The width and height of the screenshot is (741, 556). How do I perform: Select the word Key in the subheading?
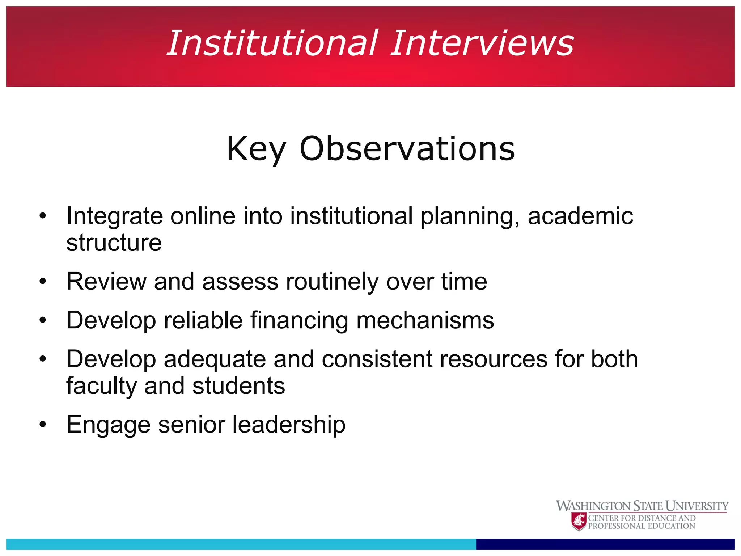pyautogui.click(x=256, y=149)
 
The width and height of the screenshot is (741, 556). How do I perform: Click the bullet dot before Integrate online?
pyautogui.click(x=43, y=216)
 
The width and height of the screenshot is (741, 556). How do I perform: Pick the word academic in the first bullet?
pyautogui.click(x=580, y=216)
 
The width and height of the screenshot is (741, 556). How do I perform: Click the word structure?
pyautogui.click(x=114, y=243)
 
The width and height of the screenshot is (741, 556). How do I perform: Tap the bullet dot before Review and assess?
pyautogui.click(x=43, y=282)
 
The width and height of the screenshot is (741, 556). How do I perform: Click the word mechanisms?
pyautogui.click(x=425, y=320)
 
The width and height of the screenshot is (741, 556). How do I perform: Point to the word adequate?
pyautogui.click(x=215, y=360)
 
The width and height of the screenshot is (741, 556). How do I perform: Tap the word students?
pyautogui.click(x=239, y=386)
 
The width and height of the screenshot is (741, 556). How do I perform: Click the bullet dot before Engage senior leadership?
pyautogui.click(x=43, y=425)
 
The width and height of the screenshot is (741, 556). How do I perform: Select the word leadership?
pyautogui.click(x=289, y=425)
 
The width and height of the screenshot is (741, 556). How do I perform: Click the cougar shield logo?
pyautogui.click(x=579, y=522)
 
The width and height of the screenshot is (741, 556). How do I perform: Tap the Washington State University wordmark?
pyautogui.click(x=642, y=506)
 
